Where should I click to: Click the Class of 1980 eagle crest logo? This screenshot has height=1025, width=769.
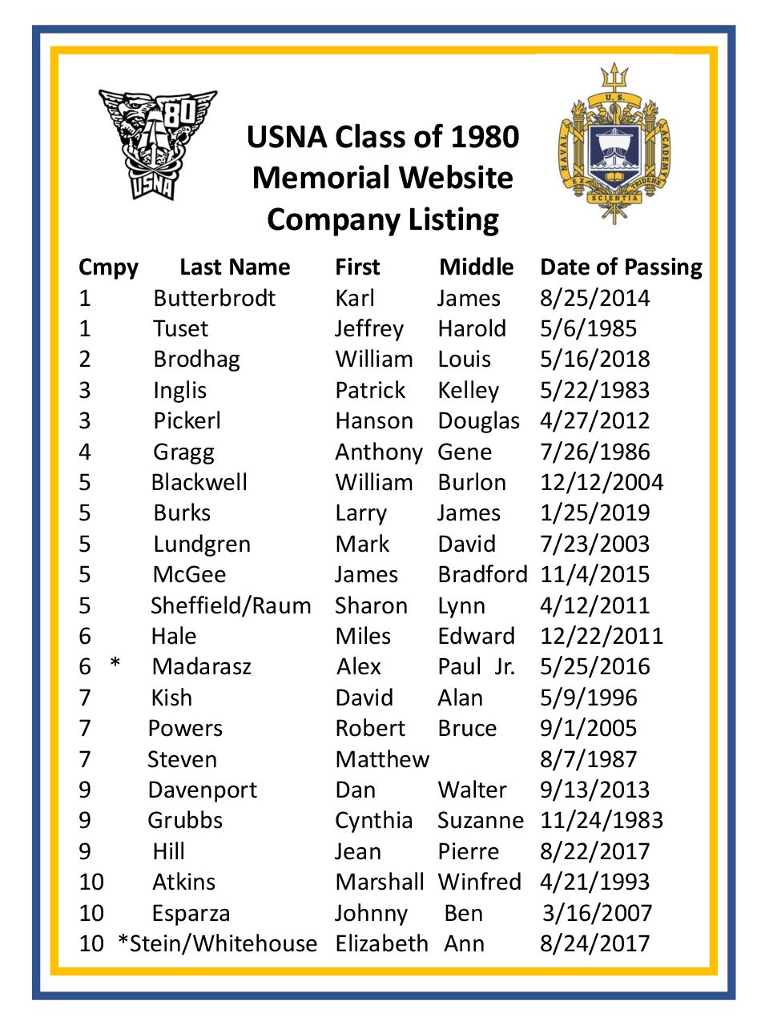(157, 143)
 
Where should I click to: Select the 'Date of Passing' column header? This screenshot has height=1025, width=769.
(621, 267)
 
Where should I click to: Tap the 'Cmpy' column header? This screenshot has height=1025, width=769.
(108, 267)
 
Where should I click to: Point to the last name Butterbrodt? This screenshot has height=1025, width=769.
(214, 298)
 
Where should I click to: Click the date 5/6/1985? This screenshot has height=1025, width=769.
(588, 328)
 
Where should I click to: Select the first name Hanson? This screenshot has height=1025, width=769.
(374, 420)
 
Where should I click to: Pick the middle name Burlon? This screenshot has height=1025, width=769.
(472, 482)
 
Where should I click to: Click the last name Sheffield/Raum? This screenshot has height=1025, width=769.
(231, 605)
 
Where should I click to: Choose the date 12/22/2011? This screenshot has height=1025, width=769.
(602, 636)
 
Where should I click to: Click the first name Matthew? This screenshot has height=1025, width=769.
(382, 759)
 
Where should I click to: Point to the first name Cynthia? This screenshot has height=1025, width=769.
(373, 820)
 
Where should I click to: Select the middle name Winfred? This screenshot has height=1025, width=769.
(479, 882)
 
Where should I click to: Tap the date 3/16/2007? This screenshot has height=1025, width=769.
(597, 913)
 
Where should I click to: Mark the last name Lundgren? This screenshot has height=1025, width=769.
(202, 545)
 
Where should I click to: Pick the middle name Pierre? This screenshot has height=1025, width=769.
(468, 851)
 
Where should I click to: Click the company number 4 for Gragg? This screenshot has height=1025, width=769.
(85, 452)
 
